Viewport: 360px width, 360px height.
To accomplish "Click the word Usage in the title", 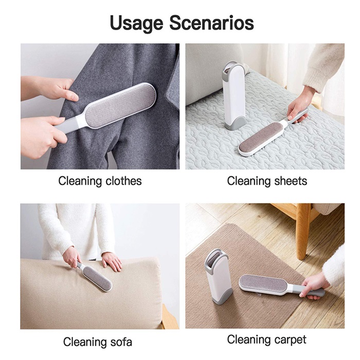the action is click(x=137, y=23).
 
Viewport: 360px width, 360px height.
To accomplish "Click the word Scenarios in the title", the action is click(x=212, y=23).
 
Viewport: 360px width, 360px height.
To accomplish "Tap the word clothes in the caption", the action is click(x=123, y=181).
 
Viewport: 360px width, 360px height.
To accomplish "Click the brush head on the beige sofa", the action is click(x=97, y=279).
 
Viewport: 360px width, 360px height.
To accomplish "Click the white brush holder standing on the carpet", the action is click(x=218, y=277).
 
